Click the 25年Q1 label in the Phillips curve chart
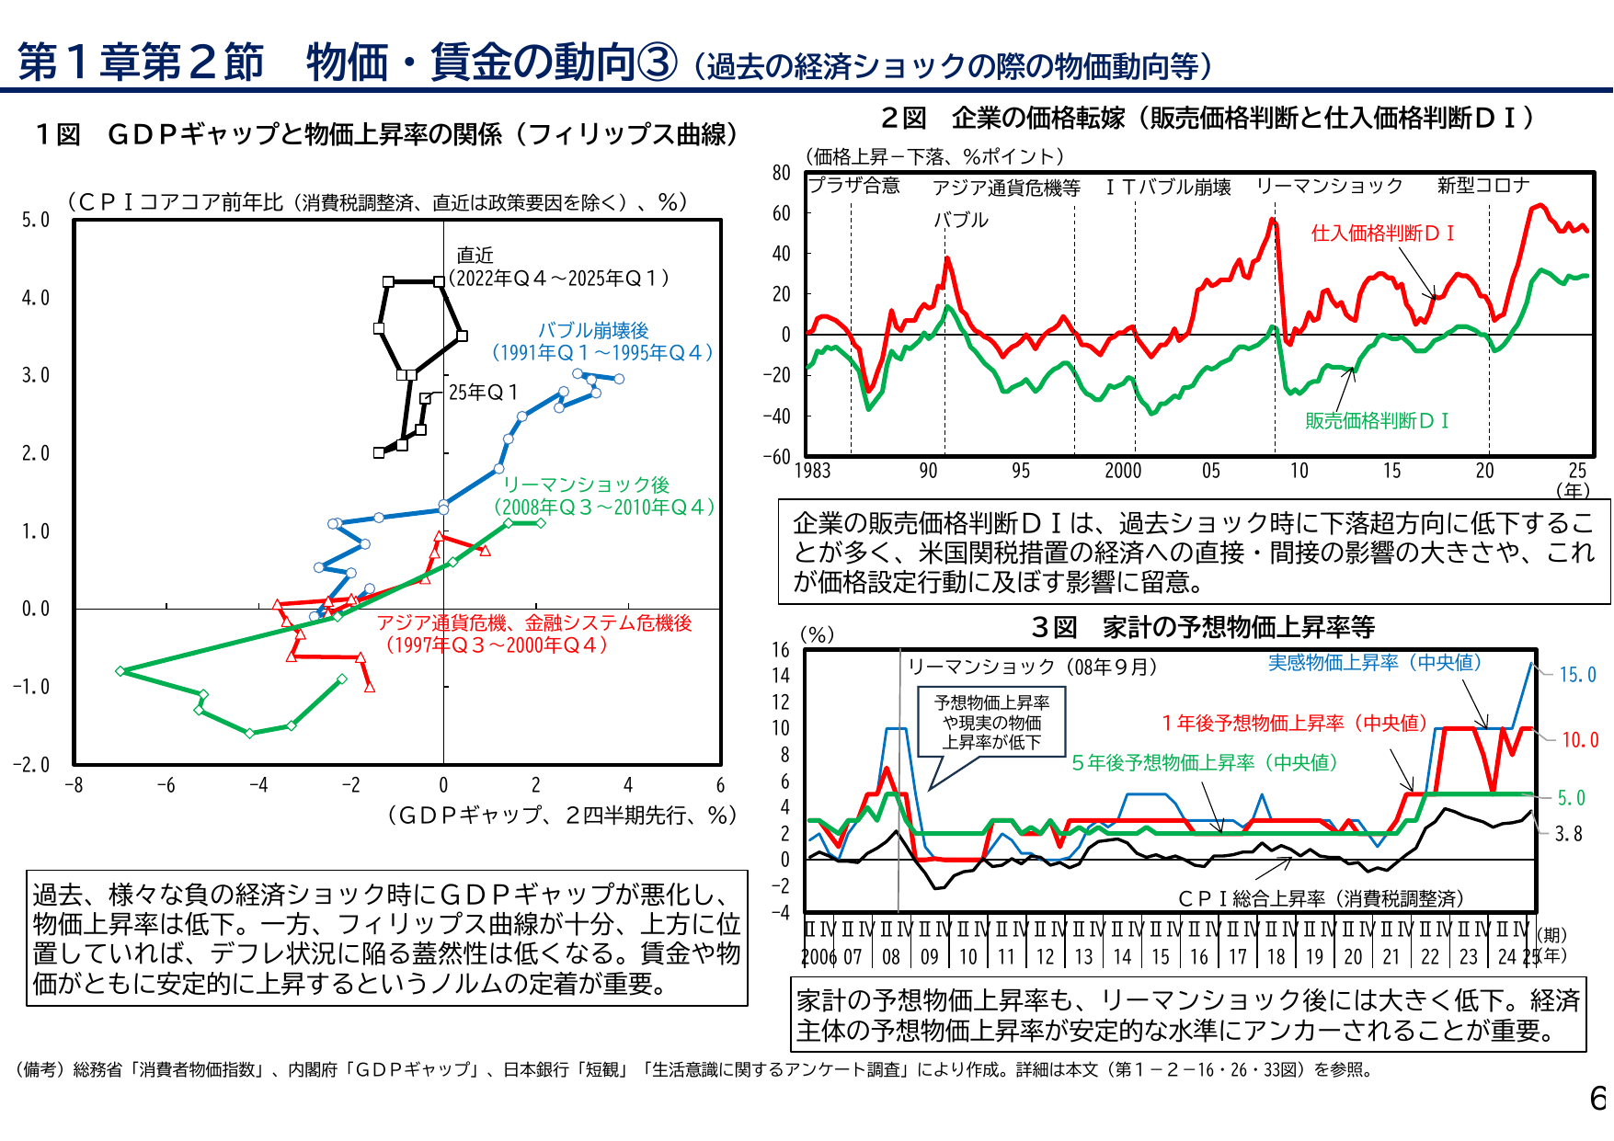click(483, 393)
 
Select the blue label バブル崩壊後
click(593, 330)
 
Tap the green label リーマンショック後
click(586, 485)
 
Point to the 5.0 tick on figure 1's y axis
click(36, 220)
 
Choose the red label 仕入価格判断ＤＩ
click(1382, 234)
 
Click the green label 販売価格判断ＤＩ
click(1377, 421)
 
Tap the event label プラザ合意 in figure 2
click(853, 186)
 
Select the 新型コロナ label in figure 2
click(1482, 186)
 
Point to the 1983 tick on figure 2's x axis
click(812, 471)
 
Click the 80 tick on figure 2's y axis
click(782, 173)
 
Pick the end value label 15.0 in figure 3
click(1577, 675)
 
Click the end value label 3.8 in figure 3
click(1569, 834)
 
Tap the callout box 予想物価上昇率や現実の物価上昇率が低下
click(991, 722)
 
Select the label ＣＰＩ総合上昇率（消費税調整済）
click(1321, 898)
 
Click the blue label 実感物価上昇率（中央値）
click(1374, 662)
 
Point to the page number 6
click(1597, 1098)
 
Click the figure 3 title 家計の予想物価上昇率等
click(1238, 627)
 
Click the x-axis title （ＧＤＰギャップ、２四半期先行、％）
click(562, 815)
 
